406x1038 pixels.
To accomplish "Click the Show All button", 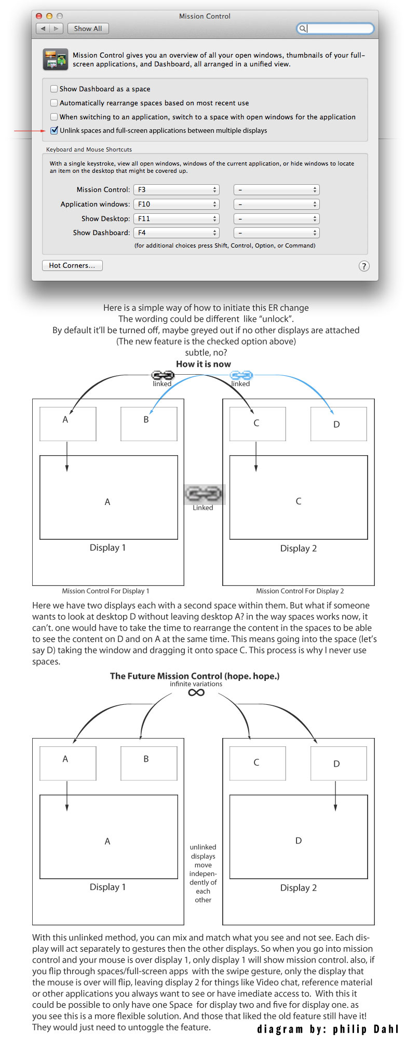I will click(x=88, y=29).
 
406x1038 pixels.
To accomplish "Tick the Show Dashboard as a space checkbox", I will click(x=54, y=89).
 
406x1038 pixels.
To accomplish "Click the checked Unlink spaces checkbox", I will click(x=54, y=130).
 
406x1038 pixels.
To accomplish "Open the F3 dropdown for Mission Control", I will click(x=177, y=189).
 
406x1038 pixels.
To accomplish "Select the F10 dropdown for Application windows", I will click(x=177, y=204).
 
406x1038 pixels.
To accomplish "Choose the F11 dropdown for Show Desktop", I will click(x=177, y=218).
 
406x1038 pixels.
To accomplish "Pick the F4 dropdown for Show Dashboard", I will click(x=177, y=233).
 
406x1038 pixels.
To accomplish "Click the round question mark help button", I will click(x=364, y=266).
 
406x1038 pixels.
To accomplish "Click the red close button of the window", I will click(x=39, y=16).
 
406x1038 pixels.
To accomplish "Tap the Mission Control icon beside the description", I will click(x=55, y=59).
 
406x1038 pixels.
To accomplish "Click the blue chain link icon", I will click(x=241, y=375).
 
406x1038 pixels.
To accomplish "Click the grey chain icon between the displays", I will click(x=204, y=493).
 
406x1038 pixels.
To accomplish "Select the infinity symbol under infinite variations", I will click(x=196, y=692).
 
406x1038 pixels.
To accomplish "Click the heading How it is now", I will click(x=204, y=364).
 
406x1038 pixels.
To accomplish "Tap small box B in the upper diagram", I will click(x=148, y=424).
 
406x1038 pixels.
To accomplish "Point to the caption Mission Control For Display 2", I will click(x=300, y=591).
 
